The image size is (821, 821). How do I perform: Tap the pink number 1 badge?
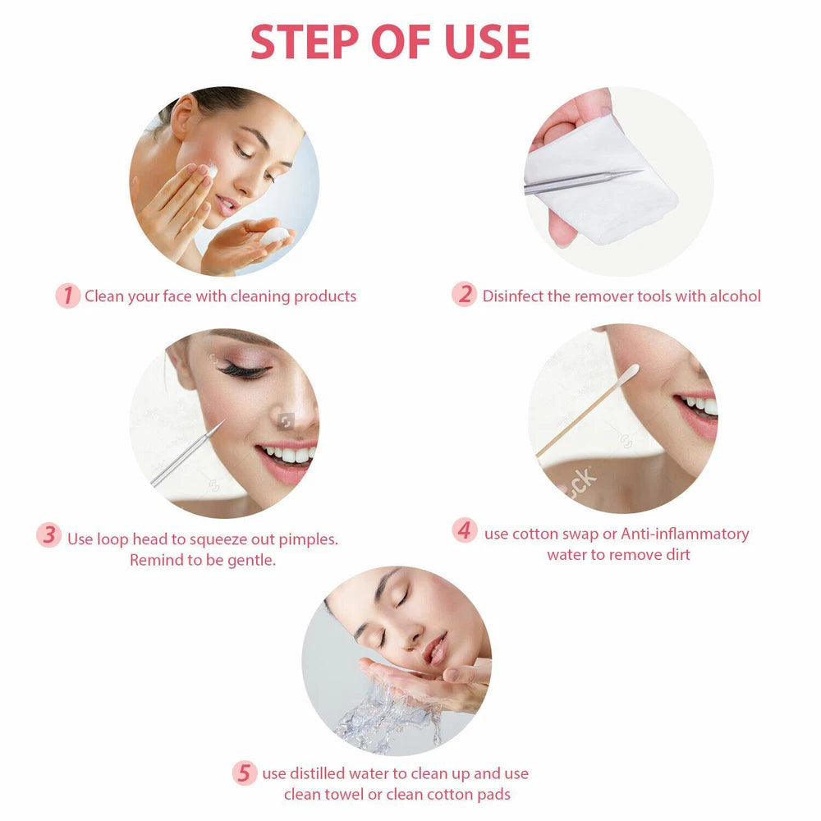[67, 296]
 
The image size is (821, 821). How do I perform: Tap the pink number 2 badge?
[465, 296]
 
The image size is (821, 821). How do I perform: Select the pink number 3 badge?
[49, 537]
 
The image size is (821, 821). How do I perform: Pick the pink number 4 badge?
[465, 531]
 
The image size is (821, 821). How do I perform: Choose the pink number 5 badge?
[244, 773]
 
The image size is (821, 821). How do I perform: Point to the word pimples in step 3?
[307, 539]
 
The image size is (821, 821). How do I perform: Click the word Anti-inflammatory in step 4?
[685, 534]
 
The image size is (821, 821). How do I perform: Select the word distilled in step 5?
[317, 773]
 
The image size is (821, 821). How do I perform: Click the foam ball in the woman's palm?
[275, 236]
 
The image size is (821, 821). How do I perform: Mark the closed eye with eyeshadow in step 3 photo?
[244, 371]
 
